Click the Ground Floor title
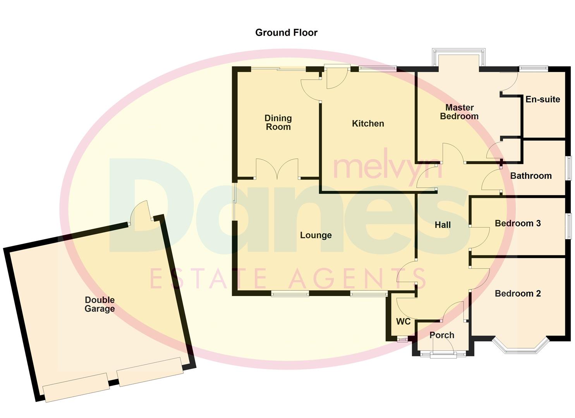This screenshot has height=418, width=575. pyautogui.click(x=286, y=33)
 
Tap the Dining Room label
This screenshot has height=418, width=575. pyautogui.click(x=278, y=123)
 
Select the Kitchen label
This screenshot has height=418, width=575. pyautogui.click(x=368, y=123)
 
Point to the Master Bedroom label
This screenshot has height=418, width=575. pyautogui.click(x=459, y=112)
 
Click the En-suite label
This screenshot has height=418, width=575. pyautogui.click(x=542, y=99)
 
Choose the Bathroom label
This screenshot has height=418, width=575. pyautogui.click(x=530, y=176)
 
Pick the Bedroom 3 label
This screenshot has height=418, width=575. pyautogui.click(x=518, y=223)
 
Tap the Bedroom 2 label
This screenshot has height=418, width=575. pyautogui.click(x=518, y=293)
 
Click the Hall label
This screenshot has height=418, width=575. pyautogui.click(x=443, y=225)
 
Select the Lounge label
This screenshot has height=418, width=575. pyautogui.click(x=316, y=235)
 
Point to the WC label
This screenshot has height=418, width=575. pyautogui.click(x=403, y=322)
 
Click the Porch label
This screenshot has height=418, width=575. pyautogui.click(x=442, y=335)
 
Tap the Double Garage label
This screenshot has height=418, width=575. pyautogui.click(x=100, y=304)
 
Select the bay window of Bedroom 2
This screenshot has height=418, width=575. pyautogui.click(x=520, y=346)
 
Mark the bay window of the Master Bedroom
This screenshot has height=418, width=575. pyautogui.click(x=459, y=56)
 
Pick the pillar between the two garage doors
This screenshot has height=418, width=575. pyautogui.click(x=113, y=382)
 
